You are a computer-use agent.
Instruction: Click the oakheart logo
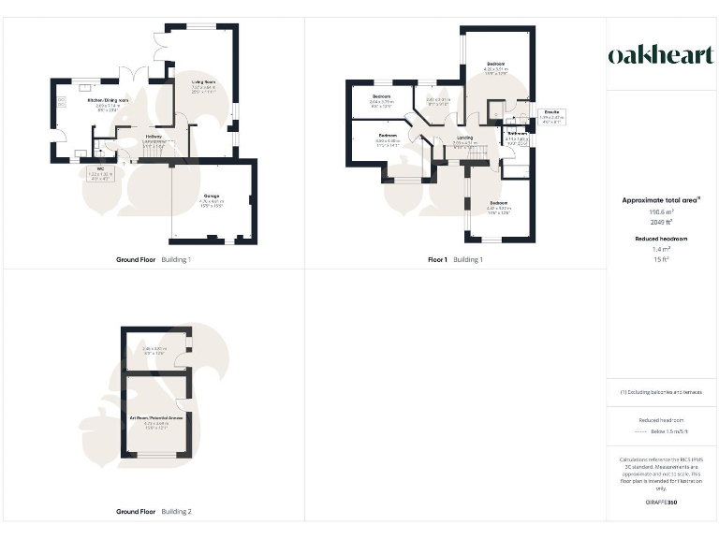pyautogui.click(x=661, y=56)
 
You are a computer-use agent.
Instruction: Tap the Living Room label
pyautogui.click(x=204, y=85)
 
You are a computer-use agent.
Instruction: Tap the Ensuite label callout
pyautogui.click(x=551, y=115)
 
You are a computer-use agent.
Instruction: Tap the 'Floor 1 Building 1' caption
pyautogui.click(x=455, y=259)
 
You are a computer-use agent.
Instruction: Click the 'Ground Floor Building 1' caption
pyautogui.click(x=154, y=259)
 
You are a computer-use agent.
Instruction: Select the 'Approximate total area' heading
pyautogui.click(x=661, y=200)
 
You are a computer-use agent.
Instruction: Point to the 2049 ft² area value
pyautogui.click(x=661, y=223)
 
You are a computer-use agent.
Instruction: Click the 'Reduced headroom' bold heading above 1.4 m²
pyautogui.click(x=661, y=240)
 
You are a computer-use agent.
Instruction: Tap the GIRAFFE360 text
pyautogui.click(x=661, y=503)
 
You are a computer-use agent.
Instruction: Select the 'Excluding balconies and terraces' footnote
pyautogui.click(x=661, y=392)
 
